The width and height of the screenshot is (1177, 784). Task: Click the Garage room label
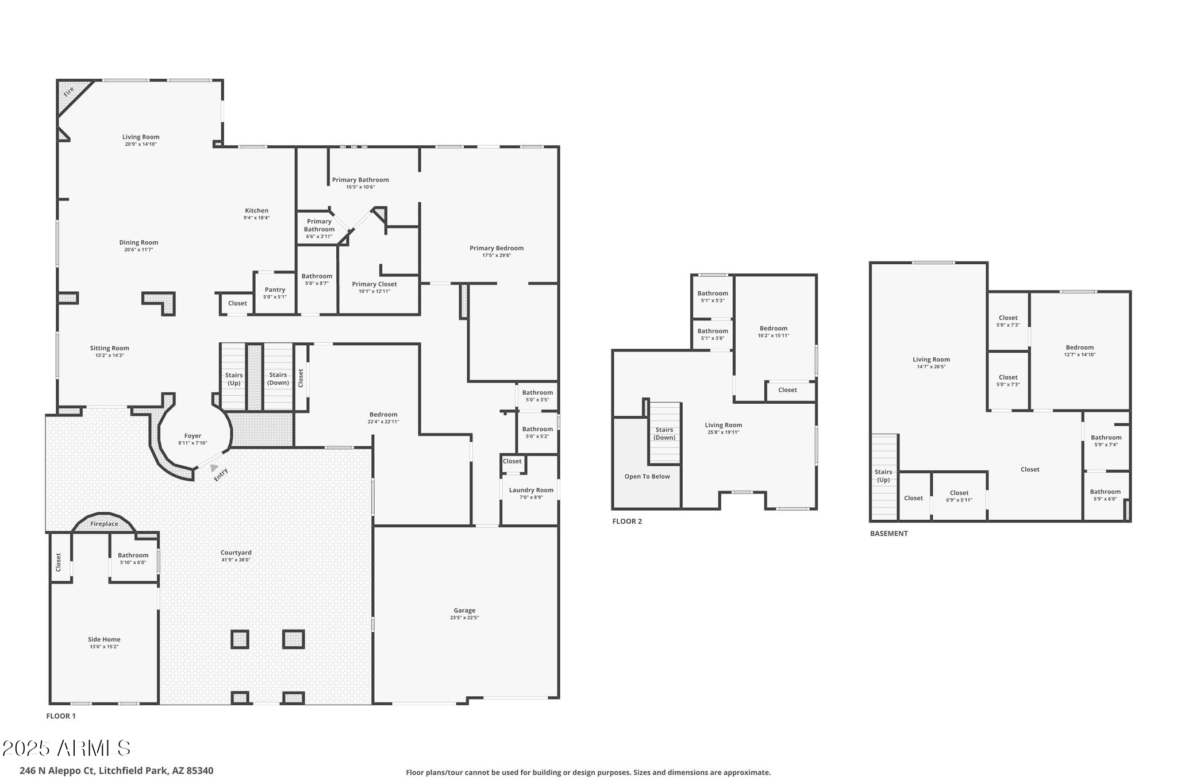pos(464,611)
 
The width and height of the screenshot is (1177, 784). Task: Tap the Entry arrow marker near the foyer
pos(214,468)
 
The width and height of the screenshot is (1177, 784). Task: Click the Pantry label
pos(275,290)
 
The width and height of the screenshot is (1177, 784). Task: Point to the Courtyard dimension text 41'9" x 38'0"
pos(236,559)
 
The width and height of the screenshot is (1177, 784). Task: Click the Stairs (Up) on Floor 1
pos(233,379)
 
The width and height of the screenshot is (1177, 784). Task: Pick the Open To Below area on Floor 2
pos(647,476)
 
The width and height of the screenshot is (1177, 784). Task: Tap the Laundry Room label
pos(531,490)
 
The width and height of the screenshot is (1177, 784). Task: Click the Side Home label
pos(104,639)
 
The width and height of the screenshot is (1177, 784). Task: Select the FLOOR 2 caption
pos(627,522)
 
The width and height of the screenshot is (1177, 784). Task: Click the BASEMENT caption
pos(888,534)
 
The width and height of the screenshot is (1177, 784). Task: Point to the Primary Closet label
pos(374,284)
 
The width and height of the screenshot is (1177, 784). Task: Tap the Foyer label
pos(193,436)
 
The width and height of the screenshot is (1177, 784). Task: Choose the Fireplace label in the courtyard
pos(104,524)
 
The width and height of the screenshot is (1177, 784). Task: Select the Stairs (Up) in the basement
pos(883,476)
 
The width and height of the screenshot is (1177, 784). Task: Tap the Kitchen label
pos(256,211)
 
